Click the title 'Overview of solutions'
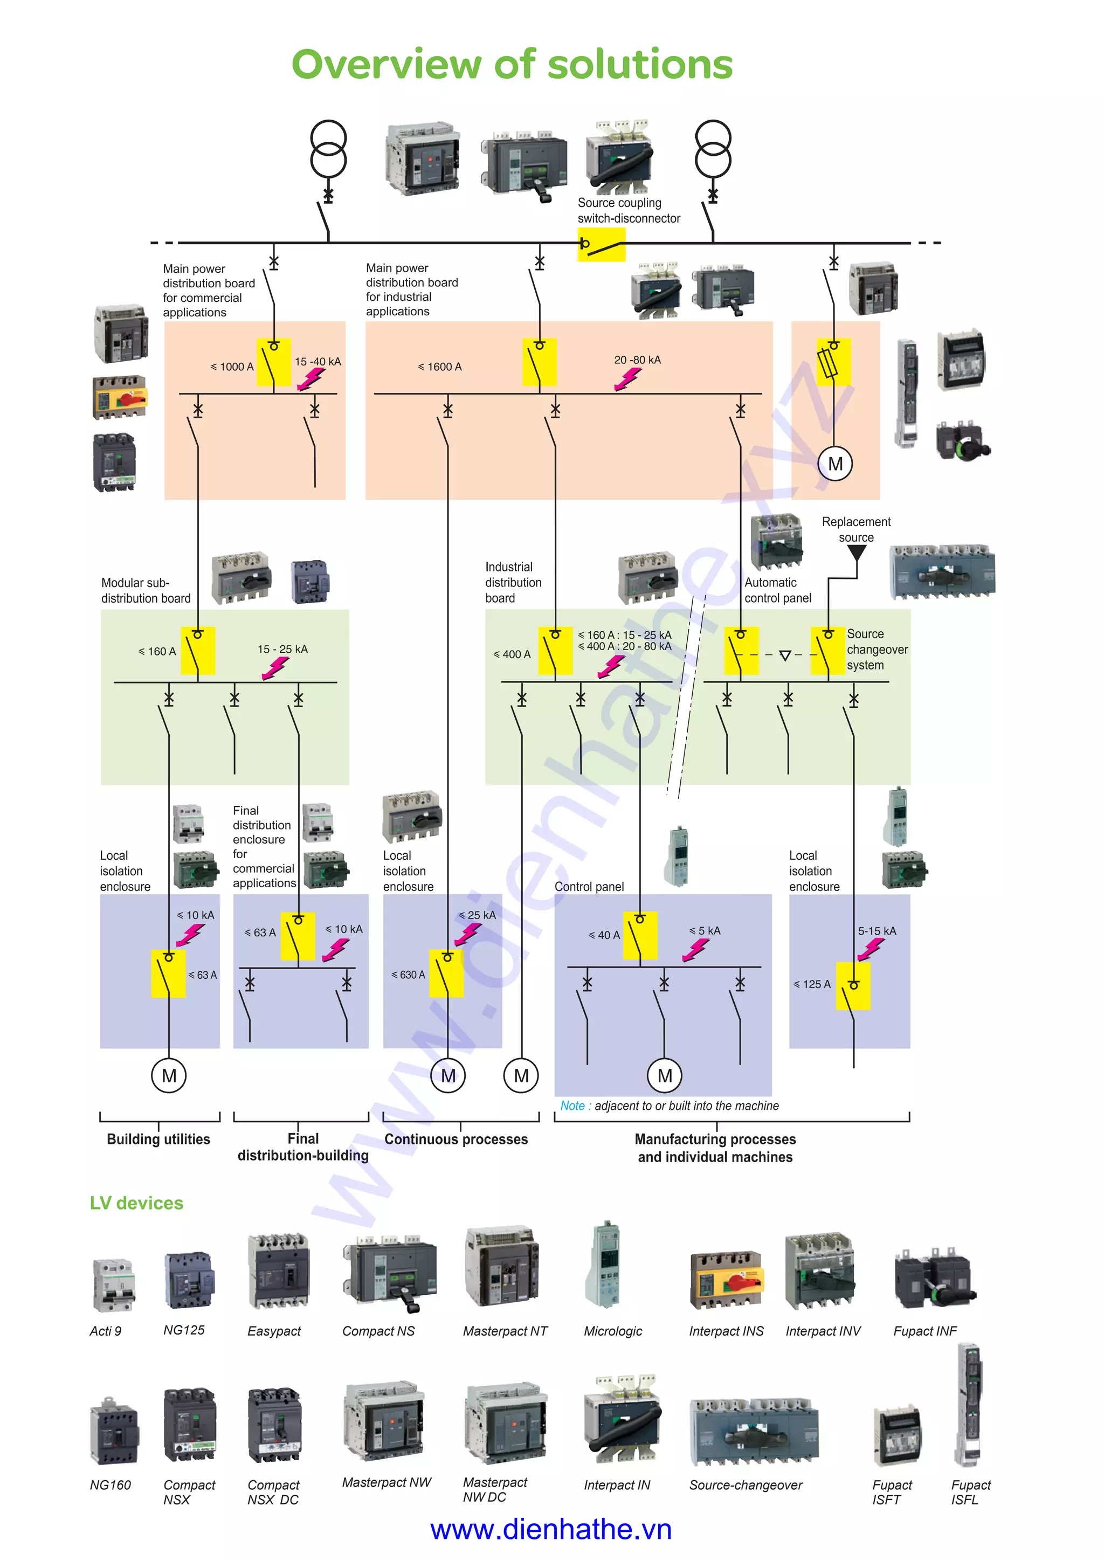tap(512, 65)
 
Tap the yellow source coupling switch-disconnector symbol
tap(601, 245)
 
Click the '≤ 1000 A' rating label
tap(232, 367)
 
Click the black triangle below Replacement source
tap(857, 552)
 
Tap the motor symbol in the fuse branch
tap(835, 464)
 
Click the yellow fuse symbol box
tap(833, 362)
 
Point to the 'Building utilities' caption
tap(158, 1139)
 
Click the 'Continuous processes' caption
tap(456, 1139)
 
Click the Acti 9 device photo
tap(114, 1285)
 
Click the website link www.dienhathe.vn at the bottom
tap(550, 1530)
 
